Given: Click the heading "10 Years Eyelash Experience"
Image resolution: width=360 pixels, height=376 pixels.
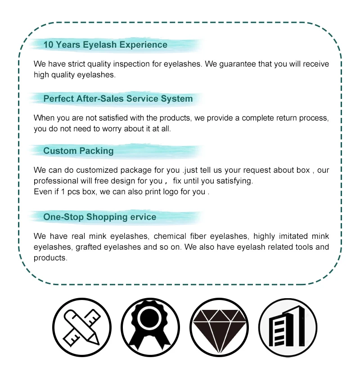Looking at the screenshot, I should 105,45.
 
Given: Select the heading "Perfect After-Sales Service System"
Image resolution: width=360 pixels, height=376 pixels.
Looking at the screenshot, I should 118,99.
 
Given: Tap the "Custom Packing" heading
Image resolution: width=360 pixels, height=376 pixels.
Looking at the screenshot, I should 78,151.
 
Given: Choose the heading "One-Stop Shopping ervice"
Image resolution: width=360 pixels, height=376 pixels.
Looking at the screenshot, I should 99,217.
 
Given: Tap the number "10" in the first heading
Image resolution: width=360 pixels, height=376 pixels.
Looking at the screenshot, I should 48,45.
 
